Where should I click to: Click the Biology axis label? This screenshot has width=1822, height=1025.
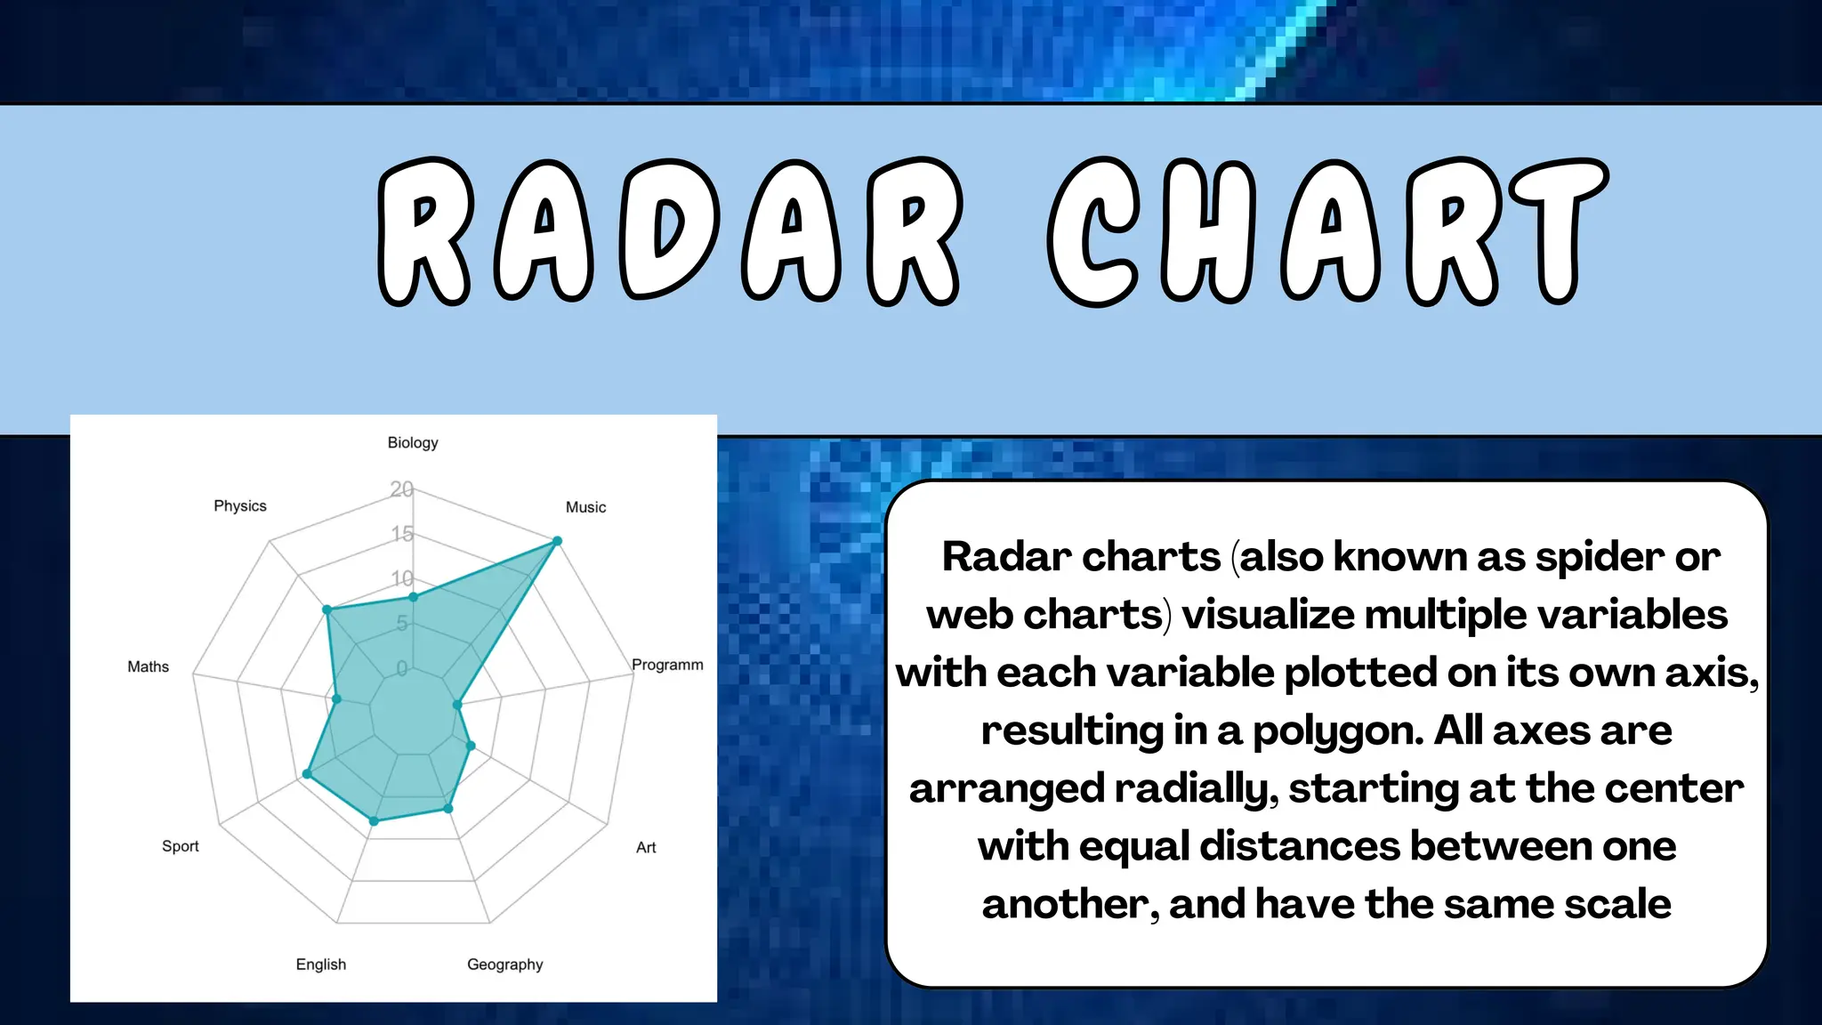413,443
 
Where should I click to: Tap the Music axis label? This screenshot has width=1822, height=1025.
585,507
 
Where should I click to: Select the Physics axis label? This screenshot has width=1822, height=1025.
240,506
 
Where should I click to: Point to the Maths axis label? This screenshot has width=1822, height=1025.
148,667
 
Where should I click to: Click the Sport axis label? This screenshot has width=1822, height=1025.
181,847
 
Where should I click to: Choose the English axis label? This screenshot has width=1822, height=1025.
321,964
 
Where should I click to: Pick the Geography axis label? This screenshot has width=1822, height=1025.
504,964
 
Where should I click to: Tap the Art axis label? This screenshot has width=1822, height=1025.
646,848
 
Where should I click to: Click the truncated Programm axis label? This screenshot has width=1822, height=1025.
667,666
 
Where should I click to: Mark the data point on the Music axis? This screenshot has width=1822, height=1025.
558,541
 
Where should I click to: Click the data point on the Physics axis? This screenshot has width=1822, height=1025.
327,610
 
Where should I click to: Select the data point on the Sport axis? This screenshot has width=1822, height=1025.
307,774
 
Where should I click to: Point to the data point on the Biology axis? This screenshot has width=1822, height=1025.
413,597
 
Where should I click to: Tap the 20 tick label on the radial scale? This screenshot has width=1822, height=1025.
401,489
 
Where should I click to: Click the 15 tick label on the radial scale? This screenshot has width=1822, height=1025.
402,534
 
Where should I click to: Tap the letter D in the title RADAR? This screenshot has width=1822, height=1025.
669,231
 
